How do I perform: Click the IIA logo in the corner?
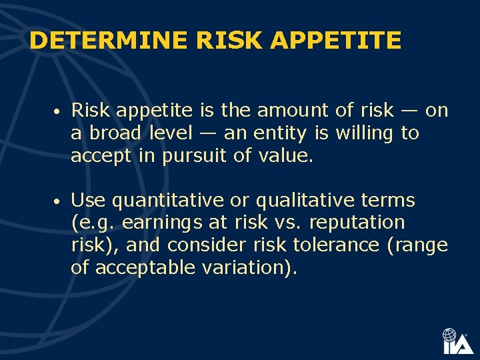(x=457, y=341)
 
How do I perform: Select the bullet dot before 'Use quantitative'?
(x=59, y=201)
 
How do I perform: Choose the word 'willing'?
(x=364, y=133)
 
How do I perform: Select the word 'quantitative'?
(x=161, y=200)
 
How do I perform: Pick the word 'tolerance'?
(x=327, y=245)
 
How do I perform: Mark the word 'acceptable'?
(x=141, y=267)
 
